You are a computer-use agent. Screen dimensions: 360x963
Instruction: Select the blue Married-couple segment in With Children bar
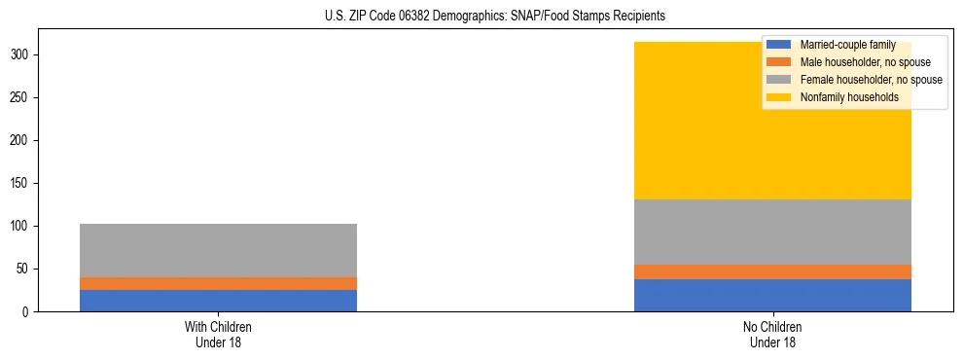coord(218,301)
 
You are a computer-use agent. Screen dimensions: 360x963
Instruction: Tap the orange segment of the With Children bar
coord(218,283)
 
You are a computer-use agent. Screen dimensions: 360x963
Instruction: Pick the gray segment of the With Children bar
coord(218,250)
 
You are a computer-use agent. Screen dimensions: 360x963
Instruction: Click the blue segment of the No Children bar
coord(772,295)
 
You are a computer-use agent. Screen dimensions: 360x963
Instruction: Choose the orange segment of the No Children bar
coord(772,271)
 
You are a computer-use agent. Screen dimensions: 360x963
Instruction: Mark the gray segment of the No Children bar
coord(772,232)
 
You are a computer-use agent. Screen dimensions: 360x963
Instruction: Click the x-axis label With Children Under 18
coord(218,335)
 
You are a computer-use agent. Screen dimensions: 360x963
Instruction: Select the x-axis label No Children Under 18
coord(772,335)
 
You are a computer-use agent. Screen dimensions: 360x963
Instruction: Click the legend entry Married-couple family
coord(844,45)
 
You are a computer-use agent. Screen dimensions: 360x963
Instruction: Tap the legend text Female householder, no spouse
coord(871,80)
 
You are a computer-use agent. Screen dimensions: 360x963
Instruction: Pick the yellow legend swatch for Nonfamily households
coord(779,97)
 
